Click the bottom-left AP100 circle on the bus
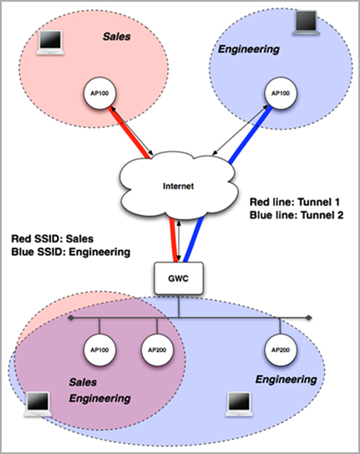99,348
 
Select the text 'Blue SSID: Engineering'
70,251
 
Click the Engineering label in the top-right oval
248,50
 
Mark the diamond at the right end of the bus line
310,318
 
